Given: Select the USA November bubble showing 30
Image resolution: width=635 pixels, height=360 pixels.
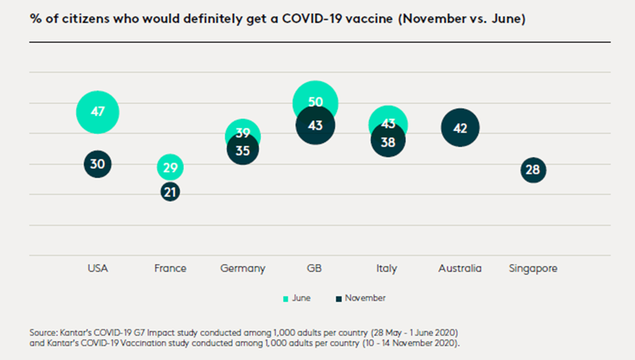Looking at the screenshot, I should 97,164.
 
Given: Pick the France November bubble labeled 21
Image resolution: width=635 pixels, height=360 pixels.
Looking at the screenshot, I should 170,192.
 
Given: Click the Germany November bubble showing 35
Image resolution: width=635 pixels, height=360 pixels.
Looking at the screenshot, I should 243,151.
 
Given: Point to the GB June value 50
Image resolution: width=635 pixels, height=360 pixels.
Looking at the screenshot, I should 315,102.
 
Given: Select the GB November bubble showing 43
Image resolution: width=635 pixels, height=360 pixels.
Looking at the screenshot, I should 315,126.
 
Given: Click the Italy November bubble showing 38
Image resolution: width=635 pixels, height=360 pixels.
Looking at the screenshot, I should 388,142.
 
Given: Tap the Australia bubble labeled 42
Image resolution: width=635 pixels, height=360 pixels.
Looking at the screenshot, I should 460,128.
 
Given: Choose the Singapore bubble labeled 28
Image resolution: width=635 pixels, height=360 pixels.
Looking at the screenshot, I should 533,170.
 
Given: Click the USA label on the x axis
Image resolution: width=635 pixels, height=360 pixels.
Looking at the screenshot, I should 98,269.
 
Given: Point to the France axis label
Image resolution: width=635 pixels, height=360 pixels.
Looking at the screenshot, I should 170,269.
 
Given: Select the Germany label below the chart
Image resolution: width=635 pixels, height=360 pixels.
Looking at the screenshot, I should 243,269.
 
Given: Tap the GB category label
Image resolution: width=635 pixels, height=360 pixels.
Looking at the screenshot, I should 314,269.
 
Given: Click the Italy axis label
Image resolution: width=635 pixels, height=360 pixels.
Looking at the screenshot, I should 387,269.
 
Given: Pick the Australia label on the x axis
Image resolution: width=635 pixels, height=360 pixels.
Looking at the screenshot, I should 460,269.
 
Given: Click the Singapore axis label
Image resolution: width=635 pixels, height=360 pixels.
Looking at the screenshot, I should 533,269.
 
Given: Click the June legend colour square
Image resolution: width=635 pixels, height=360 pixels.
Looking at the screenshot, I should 286,299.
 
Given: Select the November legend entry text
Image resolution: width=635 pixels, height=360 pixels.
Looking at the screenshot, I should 365,298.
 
